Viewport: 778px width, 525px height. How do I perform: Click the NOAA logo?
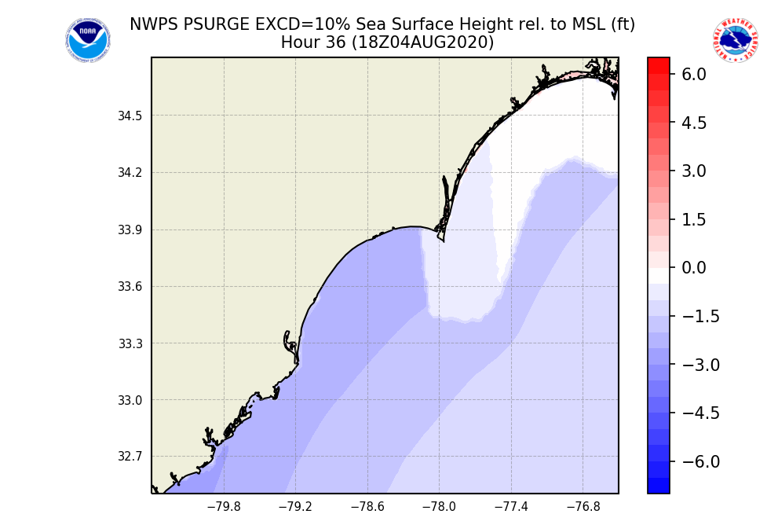[x=88, y=40]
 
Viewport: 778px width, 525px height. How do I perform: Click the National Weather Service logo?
[x=736, y=40]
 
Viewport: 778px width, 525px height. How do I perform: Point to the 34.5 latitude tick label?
[x=130, y=116]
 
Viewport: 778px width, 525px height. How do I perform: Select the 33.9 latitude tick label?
[x=130, y=230]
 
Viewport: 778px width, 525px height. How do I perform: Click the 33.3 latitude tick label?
[x=130, y=343]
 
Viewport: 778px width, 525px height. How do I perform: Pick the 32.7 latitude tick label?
[x=130, y=457]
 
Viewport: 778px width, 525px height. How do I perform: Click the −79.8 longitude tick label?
[x=224, y=507]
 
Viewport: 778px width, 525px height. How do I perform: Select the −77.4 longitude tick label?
[x=510, y=507]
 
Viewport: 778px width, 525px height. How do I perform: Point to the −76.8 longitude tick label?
[x=583, y=507]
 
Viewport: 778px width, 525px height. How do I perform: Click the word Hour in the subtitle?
[x=298, y=43]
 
